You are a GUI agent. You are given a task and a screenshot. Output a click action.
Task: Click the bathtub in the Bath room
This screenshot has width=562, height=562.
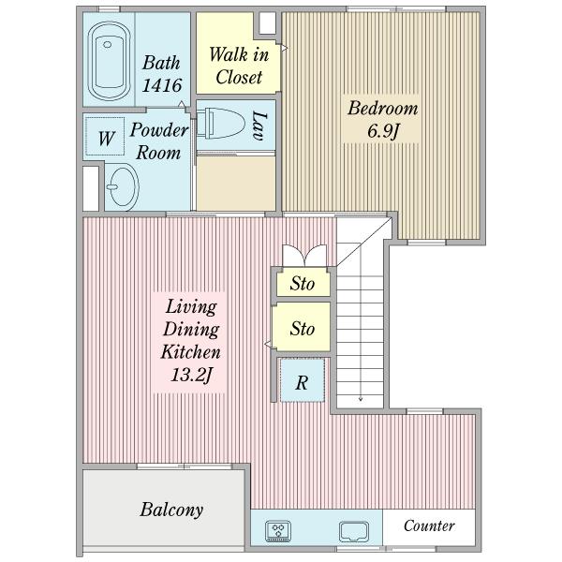[x=109, y=61]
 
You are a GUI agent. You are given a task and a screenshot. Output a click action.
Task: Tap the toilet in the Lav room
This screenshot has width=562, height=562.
[x=220, y=124]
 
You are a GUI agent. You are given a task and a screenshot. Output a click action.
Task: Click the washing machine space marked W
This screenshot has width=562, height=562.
[x=106, y=137]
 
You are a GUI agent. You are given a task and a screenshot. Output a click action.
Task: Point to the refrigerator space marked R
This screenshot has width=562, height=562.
[x=303, y=380]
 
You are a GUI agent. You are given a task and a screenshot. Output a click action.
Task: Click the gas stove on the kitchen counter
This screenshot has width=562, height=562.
[x=278, y=531]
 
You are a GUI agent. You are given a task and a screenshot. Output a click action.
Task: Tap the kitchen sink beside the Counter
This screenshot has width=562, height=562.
[x=354, y=532]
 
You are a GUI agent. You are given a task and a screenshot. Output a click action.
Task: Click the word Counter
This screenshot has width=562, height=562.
[x=429, y=525]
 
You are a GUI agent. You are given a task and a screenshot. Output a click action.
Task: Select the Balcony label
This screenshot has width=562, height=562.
[x=171, y=510]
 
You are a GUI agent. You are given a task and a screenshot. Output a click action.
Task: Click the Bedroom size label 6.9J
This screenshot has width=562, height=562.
[x=383, y=131]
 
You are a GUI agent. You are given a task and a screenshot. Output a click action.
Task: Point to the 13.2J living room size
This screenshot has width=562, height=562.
[x=191, y=375]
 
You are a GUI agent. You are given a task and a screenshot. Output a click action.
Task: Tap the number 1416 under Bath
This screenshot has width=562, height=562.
[x=162, y=85]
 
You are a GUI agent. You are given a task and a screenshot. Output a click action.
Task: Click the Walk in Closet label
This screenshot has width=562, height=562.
[x=239, y=66]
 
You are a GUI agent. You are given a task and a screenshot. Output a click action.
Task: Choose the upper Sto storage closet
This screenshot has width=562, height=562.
[x=303, y=283]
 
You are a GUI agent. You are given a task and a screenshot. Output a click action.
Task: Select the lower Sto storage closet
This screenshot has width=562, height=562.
[x=302, y=327]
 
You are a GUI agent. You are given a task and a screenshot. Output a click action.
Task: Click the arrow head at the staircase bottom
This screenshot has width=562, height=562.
[x=361, y=399]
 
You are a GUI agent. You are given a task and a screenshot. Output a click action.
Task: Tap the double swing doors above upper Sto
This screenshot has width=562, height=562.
[x=304, y=255]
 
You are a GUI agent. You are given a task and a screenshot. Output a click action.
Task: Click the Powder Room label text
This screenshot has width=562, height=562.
[x=159, y=141]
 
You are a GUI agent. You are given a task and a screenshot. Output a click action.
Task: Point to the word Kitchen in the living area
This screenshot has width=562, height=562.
[x=190, y=352]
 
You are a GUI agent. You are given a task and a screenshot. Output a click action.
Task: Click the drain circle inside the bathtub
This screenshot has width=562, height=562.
[x=107, y=44]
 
